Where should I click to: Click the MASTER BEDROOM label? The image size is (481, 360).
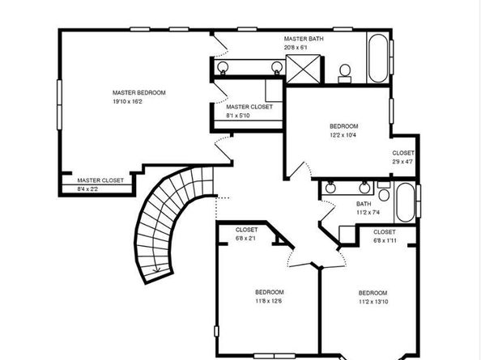pos(138,93)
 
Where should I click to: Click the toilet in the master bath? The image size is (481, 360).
pos(344,72)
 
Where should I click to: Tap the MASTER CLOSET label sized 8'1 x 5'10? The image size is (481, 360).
pos(249,107)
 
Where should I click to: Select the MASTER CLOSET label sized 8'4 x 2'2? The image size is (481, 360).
pos(100,180)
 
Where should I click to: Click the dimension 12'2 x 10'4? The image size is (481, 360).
pos(343,134)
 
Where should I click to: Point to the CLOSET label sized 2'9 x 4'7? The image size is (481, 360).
pos(403,153)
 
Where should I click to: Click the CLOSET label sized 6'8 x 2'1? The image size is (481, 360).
pos(247,230)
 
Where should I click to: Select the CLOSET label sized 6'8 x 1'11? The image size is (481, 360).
pos(385,231)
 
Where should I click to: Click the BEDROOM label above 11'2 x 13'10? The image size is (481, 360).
pos(372,292)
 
